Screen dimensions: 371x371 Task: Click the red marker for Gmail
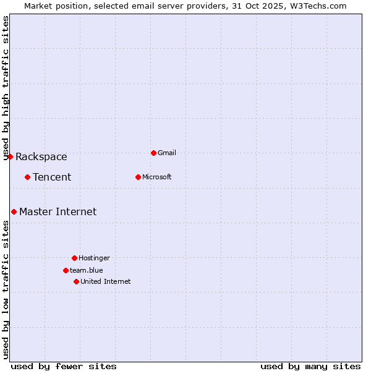pos(153,153)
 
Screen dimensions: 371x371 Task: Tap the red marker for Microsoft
pos(138,177)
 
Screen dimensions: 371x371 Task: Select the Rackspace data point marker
pos(10,156)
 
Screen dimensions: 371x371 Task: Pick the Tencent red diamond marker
pos(27,177)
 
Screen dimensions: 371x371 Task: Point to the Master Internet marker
pos(14,211)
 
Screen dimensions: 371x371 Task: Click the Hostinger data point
pos(74,258)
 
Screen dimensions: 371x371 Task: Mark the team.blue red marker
pos(66,270)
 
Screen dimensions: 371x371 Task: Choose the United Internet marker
pos(76,281)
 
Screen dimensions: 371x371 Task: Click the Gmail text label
pos(167,153)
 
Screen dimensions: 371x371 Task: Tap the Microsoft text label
pos(157,177)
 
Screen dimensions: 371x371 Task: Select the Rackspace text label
pos(41,156)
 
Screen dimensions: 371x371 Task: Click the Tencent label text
pos(52,177)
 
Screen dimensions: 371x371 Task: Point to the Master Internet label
pos(58,211)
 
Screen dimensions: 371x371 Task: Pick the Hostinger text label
pos(94,258)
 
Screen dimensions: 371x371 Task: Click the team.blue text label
pos(87,270)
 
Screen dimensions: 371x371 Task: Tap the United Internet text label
pos(106,281)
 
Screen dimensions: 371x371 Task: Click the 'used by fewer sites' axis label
pos(64,366)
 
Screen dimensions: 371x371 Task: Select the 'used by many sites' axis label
pos(310,366)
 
